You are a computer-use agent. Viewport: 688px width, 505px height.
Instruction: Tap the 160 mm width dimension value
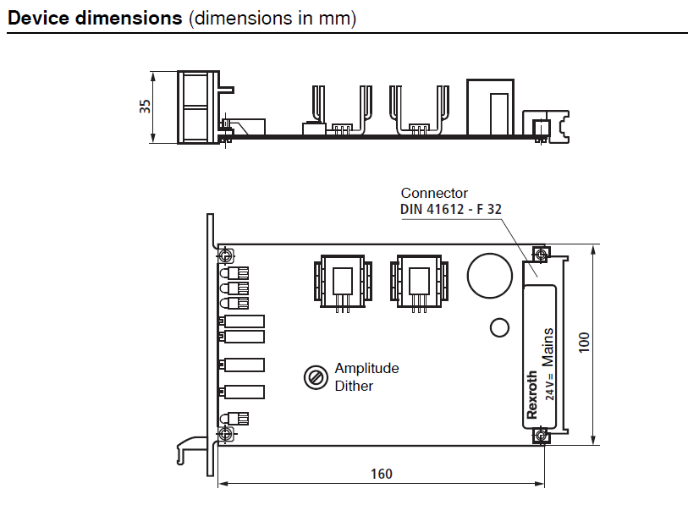(382, 474)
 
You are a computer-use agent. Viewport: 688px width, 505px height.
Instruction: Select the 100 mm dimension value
(584, 343)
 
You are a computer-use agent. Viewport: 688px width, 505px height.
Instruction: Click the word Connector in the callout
(434, 194)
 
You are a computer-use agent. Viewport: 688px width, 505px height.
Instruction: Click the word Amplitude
(366, 369)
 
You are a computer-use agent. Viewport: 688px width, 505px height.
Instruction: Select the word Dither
(354, 386)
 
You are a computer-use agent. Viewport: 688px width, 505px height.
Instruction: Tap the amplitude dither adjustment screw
(315, 377)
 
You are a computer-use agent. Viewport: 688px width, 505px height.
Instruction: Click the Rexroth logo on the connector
(532, 395)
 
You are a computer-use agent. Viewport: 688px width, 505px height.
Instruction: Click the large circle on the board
(490, 276)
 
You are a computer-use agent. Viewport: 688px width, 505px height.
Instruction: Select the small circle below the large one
(499, 327)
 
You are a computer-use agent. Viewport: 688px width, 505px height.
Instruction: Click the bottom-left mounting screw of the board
(226, 435)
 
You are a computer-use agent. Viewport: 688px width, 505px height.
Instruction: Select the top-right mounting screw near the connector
(540, 254)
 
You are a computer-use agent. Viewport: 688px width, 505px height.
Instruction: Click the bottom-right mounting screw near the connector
(540, 436)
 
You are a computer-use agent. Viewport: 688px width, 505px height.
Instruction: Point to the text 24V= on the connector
(549, 386)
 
